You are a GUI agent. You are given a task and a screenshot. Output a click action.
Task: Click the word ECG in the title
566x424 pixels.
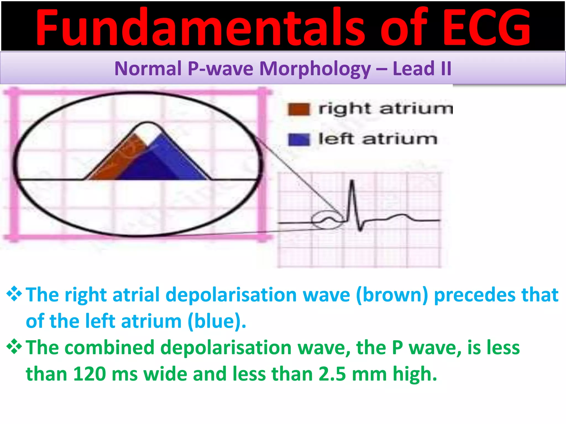(x=486, y=28)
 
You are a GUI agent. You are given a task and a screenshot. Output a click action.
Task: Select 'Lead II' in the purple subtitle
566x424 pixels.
(x=422, y=68)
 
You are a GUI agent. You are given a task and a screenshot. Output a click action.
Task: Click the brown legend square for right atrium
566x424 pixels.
(x=298, y=109)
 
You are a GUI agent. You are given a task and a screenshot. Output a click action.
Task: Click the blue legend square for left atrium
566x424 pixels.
(x=298, y=139)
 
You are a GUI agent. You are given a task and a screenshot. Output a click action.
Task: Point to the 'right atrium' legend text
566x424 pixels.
(x=386, y=108)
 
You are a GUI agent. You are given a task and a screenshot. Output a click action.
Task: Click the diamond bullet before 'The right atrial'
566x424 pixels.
(x=14, y=294)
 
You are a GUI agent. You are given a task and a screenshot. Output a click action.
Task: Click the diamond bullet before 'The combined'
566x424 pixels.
(x=14, y=347)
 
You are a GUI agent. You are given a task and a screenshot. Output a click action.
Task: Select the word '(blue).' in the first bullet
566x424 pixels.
(x=217, y=321)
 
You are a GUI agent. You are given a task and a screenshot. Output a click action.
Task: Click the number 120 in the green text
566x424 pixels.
(x=89, y=374)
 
